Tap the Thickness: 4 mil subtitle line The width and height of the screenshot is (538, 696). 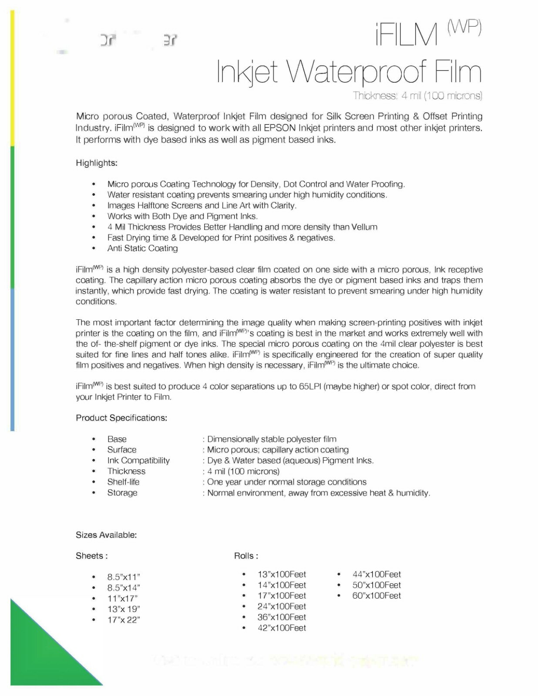417,96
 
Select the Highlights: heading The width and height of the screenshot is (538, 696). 97,163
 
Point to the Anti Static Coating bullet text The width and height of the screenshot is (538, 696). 142,248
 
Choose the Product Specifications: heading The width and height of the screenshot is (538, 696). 121,418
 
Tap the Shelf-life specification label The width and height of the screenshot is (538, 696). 123,482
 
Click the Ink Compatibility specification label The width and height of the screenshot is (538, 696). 138,461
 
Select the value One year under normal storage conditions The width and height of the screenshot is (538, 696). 286,482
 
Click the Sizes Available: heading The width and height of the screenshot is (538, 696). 106,535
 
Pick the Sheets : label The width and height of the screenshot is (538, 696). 91,556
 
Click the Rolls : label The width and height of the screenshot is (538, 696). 246,556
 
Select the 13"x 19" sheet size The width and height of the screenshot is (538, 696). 124,609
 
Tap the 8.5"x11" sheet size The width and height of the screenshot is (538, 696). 124,577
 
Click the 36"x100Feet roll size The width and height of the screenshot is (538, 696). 282,617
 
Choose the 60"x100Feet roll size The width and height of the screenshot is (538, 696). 377,596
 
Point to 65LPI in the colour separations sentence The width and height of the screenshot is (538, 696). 310,387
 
